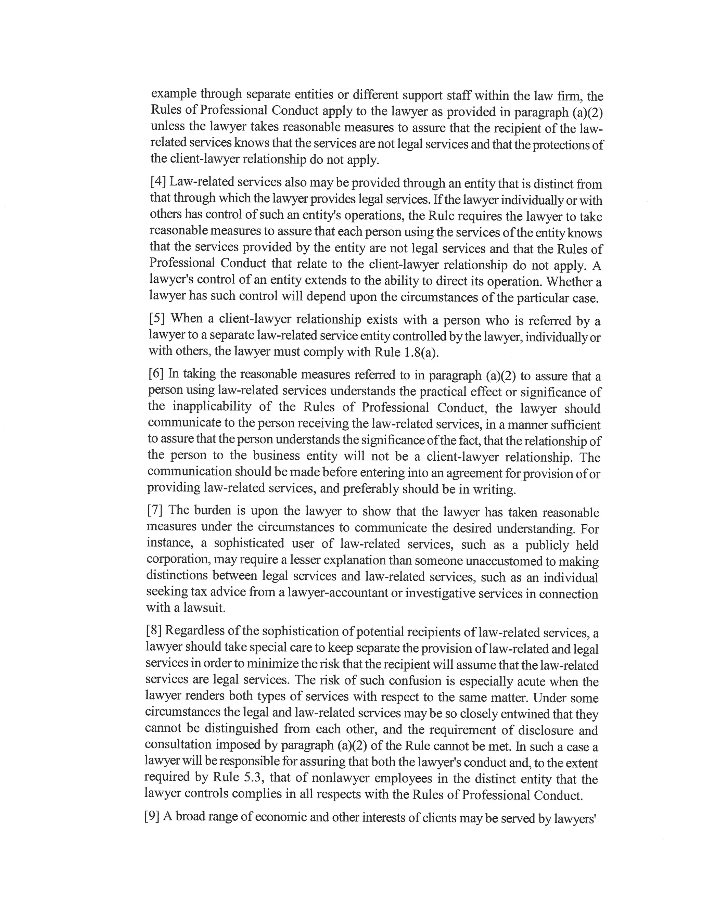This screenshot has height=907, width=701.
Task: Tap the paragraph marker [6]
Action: [156, 373]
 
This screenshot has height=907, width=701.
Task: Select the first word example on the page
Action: [174, 94]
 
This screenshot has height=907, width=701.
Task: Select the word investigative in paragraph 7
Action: [440, 593]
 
